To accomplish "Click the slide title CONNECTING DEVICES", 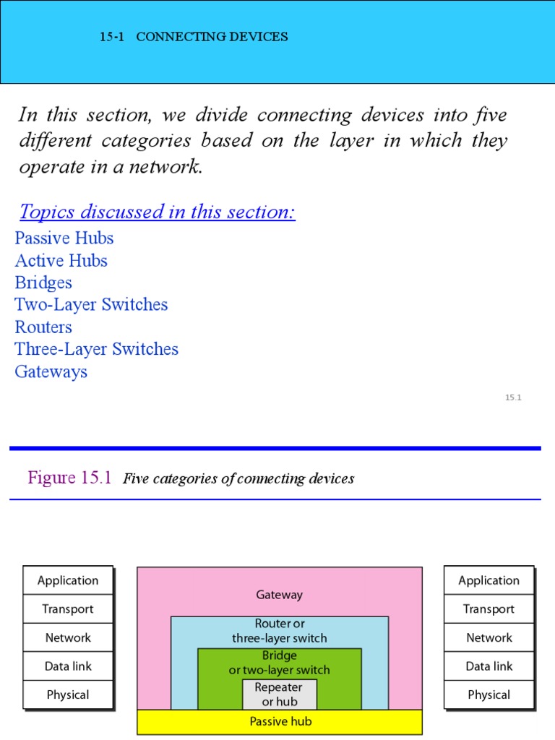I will click(x=212, y=37).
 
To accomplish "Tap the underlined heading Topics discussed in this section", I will click(x=157, y=212).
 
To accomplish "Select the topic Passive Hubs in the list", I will click(x=64, y=238).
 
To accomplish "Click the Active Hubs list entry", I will click(x=61, y=260).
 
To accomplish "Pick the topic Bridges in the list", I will click(x=43, y=283).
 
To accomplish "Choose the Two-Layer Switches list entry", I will click(x=91, y=304).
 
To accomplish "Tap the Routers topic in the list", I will click(x=43, y=327).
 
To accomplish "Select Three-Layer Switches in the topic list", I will click(x=96, y=349).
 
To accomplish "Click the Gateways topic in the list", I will click(x=51, y=371).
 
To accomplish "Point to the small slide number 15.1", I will click(x=513, y=397).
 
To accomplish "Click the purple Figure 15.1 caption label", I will click(x=69, y=478).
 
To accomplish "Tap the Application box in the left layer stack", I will click(x=68, y=580).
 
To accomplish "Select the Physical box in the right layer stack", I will click(x=489, y=694).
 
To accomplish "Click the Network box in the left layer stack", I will click(x=68, y=637).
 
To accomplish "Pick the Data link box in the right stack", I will click(x=489, y=666).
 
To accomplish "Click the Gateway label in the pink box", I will click(x=279, y=595).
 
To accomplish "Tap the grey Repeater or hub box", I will click(x=279, y=694).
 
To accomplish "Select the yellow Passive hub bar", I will click(x=279, y=721).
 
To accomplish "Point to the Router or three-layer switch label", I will click(x=279, y=631).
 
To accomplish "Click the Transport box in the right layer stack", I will click(x=489, y=609).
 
